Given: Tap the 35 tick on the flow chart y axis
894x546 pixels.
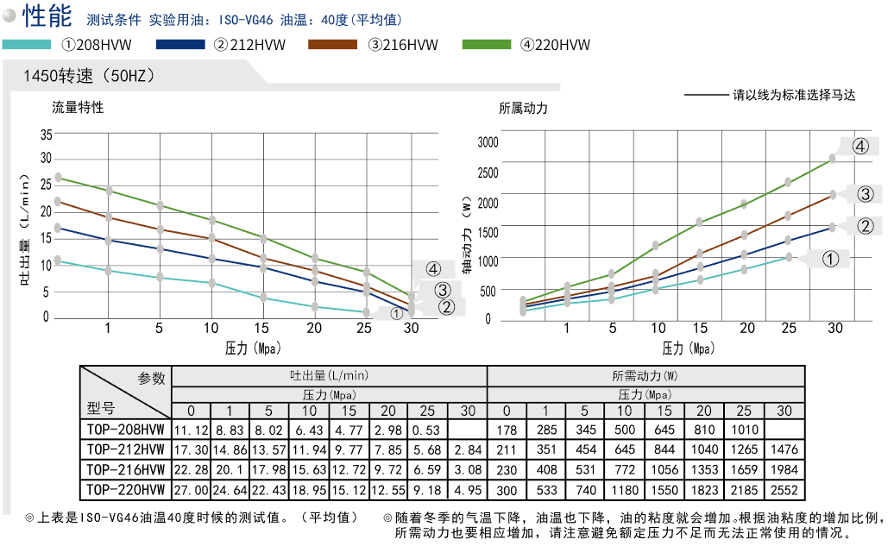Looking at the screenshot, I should click(46, 134).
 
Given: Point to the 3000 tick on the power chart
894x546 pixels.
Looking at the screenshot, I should click(488, 142).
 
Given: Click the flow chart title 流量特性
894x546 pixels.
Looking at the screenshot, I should click(78, 108).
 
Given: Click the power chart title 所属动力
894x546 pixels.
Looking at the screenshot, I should click(523, 109).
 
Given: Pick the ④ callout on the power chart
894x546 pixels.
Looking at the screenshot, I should click(859, 146).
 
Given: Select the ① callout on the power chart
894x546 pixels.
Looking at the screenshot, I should click(830, 258).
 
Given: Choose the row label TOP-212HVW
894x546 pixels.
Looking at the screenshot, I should click(125, 449).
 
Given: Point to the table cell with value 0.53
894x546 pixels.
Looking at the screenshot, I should click(428, 430).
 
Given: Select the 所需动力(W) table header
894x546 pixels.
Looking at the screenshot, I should click(645, 375).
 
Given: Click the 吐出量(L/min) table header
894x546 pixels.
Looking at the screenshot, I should click(329, 375).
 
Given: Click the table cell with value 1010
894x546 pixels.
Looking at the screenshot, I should click(745, 430).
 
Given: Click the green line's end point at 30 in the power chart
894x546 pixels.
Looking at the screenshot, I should click(833, 159).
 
